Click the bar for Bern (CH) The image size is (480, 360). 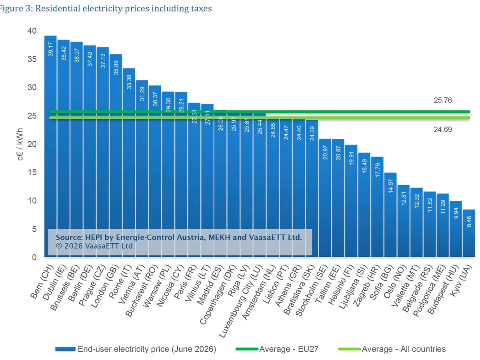(x=50, y=146)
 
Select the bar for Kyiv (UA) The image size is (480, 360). (x=469, y=233)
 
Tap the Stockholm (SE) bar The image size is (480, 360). (x=325, y=198)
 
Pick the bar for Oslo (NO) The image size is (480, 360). (x=404, y=221)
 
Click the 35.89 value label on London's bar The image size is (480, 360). (x=116, y=68)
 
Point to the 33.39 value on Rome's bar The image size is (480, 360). (x=129, y=82)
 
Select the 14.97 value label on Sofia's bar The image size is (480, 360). (x=390, y=186)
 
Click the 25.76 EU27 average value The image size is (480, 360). (x=443, y=100)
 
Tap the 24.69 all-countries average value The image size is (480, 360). (x=443, y=130)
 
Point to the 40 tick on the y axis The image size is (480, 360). (x=32, y=31)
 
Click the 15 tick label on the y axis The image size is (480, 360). (x=32, y=172)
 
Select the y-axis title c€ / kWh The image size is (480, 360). (x=20, y=144)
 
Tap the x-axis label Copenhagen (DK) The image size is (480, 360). (x=218, y=294)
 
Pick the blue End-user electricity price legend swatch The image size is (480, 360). (x=65, y=349)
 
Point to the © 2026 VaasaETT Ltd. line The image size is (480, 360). (x=95, y=246)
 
